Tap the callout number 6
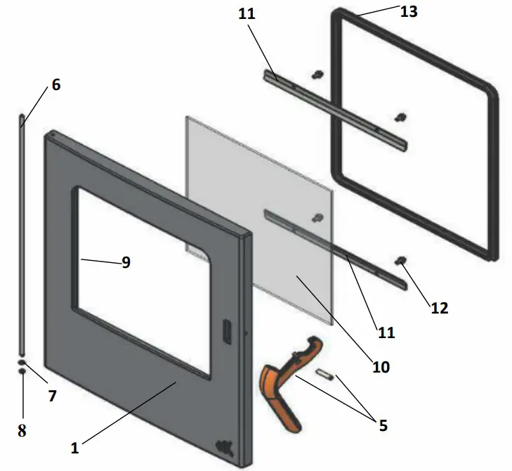coord(56,85)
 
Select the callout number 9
coord(126,262)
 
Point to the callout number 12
coord(439,307)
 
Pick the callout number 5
coord(382,425)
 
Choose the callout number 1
coord(76,446)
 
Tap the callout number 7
coord(52,396)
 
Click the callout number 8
coord(22,431)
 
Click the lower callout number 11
coord(386,332)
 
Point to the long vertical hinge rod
coord(22,232)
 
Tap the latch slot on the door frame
coord(228,332)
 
